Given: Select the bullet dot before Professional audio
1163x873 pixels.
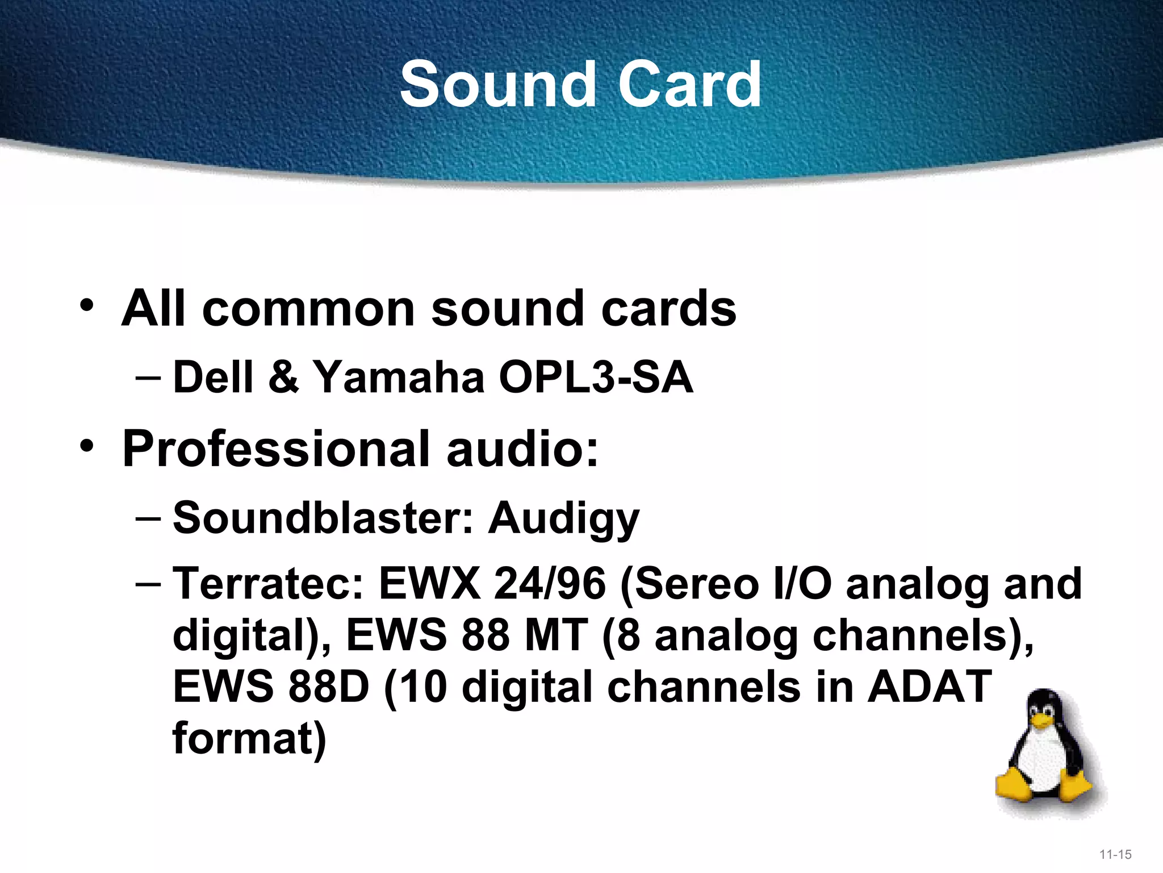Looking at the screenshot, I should (x=86, y=446).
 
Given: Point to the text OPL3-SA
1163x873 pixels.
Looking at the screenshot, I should (x=596, y=377).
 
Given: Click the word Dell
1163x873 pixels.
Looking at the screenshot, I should (x=212, y=377).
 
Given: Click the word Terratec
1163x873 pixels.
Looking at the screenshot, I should (x=267, y=584).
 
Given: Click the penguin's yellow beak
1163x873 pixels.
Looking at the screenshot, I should (x=1041, y=722).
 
